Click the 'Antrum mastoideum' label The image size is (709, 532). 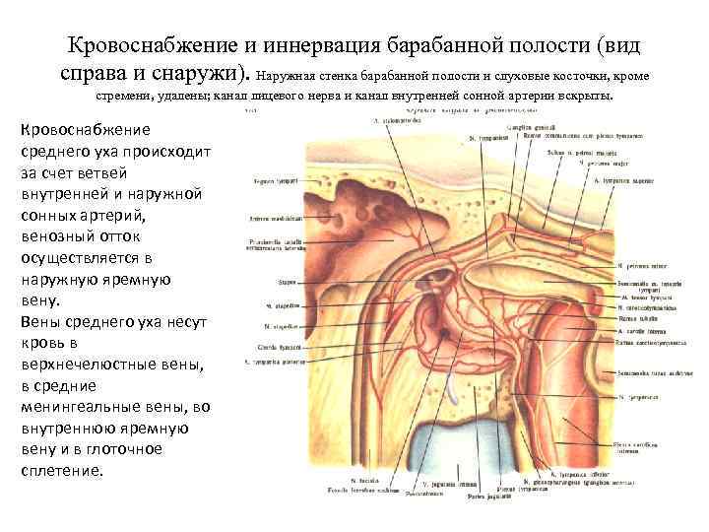click(x=266, y=219)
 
